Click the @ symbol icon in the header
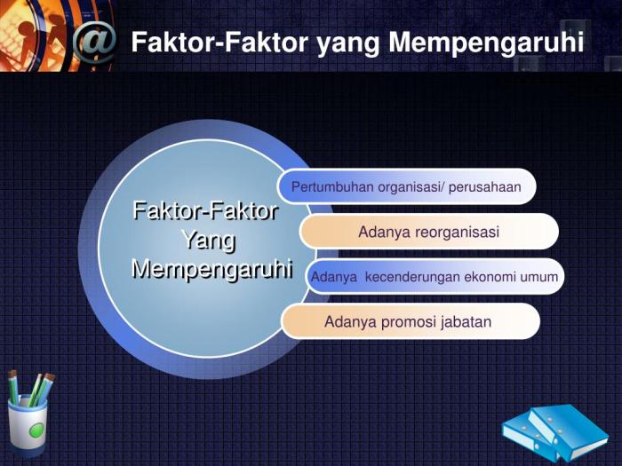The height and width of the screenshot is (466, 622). (94, 42)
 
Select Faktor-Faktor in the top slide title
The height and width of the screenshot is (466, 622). (221, 42)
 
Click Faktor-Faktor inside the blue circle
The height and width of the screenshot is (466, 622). (205, 211)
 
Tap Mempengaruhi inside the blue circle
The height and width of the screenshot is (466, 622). (211, 269)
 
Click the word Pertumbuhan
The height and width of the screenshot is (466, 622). (332, 187)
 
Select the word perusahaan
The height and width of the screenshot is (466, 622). (485, 187)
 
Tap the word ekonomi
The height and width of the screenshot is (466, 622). (491, 277)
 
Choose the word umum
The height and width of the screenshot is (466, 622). (539, 277)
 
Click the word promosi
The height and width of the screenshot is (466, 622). (409, 321)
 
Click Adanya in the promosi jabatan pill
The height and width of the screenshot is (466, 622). (350, 321)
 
